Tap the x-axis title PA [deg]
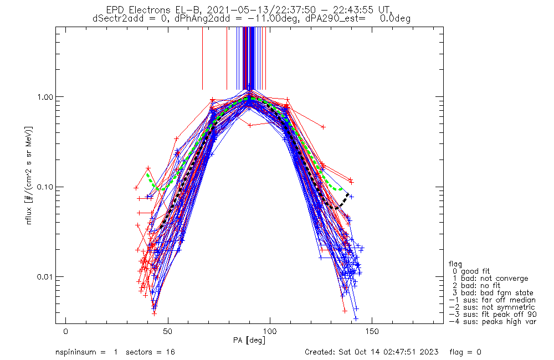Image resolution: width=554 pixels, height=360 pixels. point(250,340)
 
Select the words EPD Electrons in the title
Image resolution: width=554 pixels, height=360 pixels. point(137,10)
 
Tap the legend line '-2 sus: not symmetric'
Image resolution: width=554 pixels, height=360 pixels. point(492,307)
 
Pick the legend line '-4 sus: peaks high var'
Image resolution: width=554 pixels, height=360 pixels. point(492,321)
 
